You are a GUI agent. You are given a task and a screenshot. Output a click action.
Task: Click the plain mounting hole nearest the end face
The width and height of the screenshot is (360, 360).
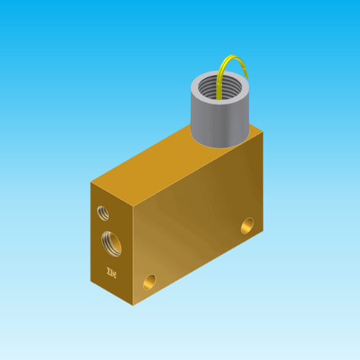150,280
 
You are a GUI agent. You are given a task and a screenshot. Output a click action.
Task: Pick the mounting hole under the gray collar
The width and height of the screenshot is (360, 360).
248,225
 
